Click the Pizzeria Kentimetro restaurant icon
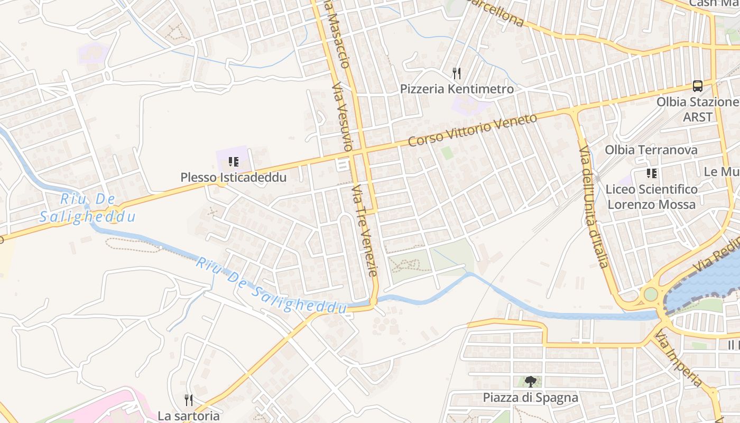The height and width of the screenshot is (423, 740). tap(457, 73)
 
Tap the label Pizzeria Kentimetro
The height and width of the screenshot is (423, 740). tap(457, 89)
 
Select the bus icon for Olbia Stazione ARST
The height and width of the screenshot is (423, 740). tap(698, 86)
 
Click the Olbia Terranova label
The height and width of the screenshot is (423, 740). tap(651, 150)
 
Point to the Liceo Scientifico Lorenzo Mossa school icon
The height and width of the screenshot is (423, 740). tap(652, 173)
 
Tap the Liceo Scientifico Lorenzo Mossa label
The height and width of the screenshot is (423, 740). tap(652, 197)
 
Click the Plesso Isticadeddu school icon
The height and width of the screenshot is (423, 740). tap(233, 161)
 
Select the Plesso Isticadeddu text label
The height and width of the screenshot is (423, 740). tap(234, 177)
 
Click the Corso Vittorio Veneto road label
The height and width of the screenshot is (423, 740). tap(473, 130)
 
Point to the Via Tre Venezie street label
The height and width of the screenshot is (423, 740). tap(365, 230)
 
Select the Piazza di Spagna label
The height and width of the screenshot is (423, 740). tap(531, 397)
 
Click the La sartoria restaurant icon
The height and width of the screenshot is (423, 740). tap(189, 400)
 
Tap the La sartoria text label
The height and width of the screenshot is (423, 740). tap(189, 416)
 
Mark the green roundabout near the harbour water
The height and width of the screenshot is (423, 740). tap(651, 293)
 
